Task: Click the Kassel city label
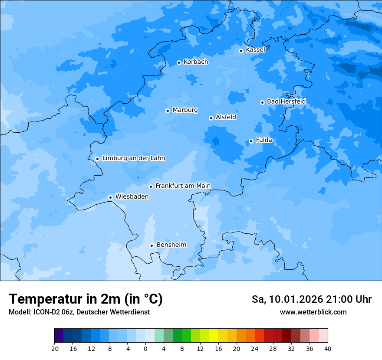click(x=255, y=50)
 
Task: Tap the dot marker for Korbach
click(x=179, y=62)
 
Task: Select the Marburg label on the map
click(x=185, y=110)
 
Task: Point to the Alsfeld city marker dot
click(x=211, y=118)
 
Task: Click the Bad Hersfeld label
click(x=286, y=101)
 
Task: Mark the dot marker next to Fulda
click(x=251, y=141)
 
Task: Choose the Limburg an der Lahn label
click(x=133, y=158)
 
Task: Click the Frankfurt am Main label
click(x=183, y=186)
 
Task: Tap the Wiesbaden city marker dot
click(x=110, y=197)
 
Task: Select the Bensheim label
click(x=171, y=245)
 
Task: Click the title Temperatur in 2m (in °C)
click(x=86, y=299)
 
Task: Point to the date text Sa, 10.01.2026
click(x=286, y=299)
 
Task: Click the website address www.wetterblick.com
click(x=313, y=312)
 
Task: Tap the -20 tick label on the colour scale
click(x=54, y=349)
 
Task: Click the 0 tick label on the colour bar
click(x=145, y=349)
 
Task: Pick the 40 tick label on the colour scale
click(x=328, y=349)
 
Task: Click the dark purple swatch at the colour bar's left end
click(x=59, y=336)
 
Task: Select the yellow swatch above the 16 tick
click(x=214, y=336)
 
